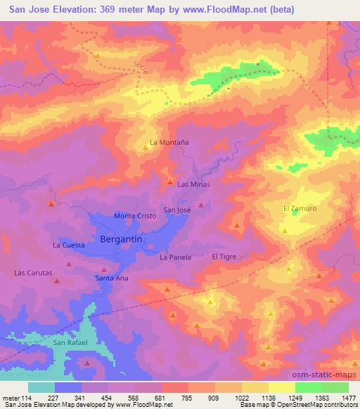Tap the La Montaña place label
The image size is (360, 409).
170,141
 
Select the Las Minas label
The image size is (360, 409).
194,184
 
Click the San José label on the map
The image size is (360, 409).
177,209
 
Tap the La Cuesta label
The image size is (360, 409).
69,245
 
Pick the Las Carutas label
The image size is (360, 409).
34,272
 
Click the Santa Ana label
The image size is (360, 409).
110,278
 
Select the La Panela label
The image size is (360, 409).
176,258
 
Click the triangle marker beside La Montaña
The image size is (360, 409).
146,146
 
